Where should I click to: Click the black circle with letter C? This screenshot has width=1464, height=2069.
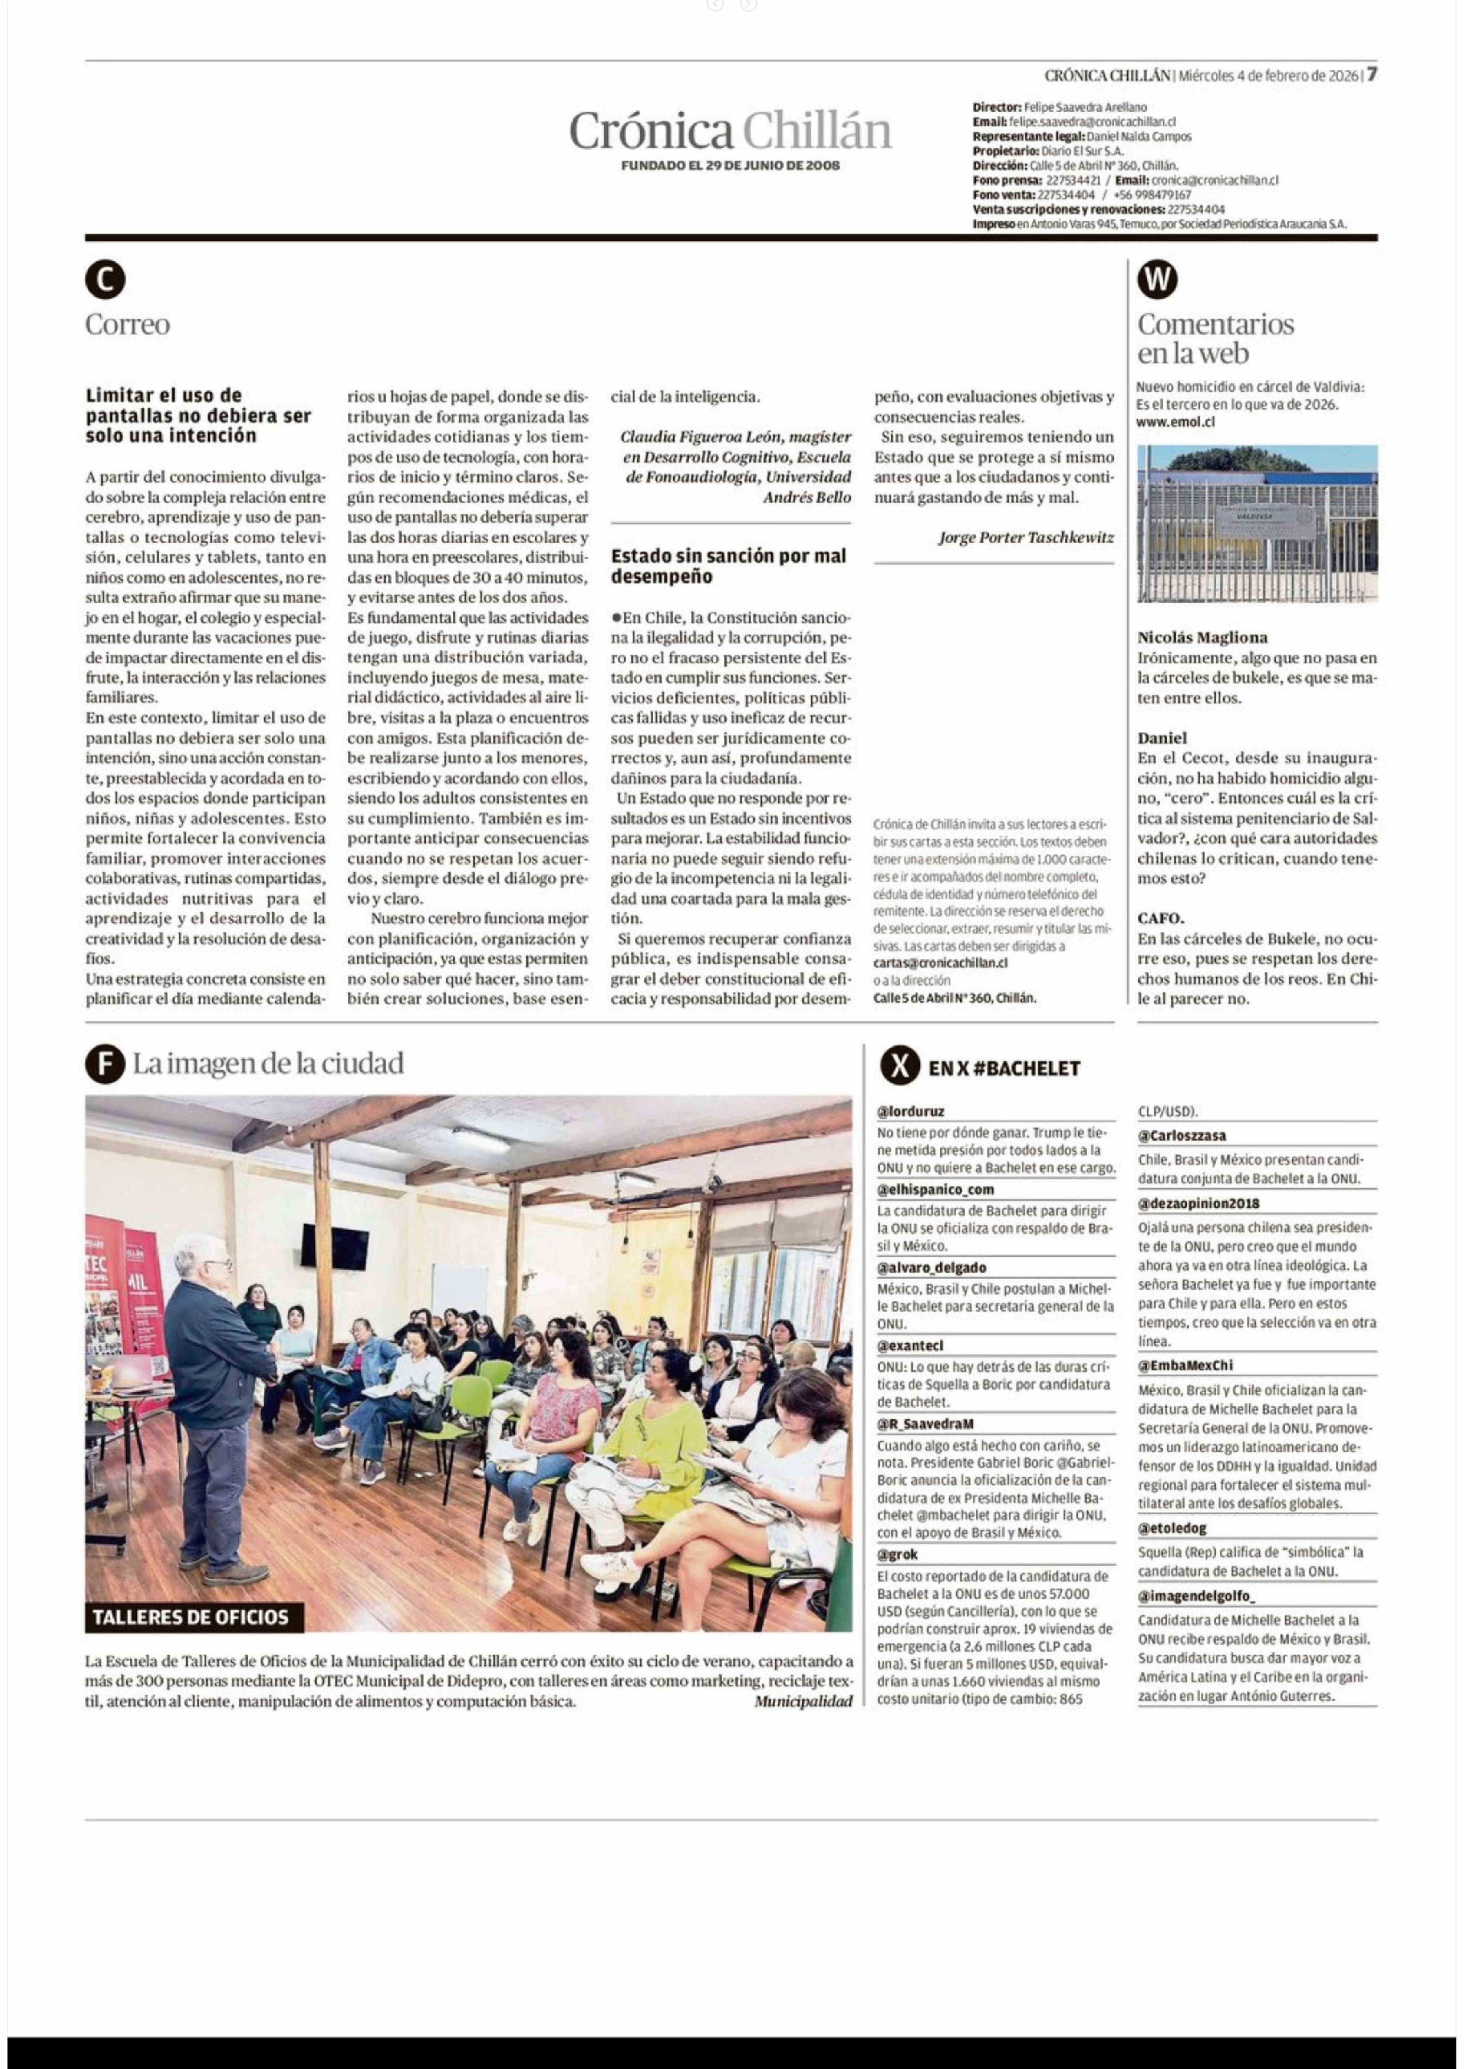pyautogui.click(x=106, y=279)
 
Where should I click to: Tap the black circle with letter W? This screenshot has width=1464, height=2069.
pyautogui.click(x=1158, y=279)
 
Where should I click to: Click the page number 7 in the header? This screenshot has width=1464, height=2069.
pyautogui.click(x=1371, y=75)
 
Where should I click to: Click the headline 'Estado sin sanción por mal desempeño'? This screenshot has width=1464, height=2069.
pyautogui.click(x=728, y=566)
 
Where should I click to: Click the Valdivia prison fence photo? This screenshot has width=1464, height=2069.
pyautogui.click(x=1257, y=523)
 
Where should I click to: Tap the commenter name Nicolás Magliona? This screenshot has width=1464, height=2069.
pyautogui.click(x=1202, y=637)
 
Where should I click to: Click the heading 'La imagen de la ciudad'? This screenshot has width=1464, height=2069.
pyautogui.click(x=268, y=1064)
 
